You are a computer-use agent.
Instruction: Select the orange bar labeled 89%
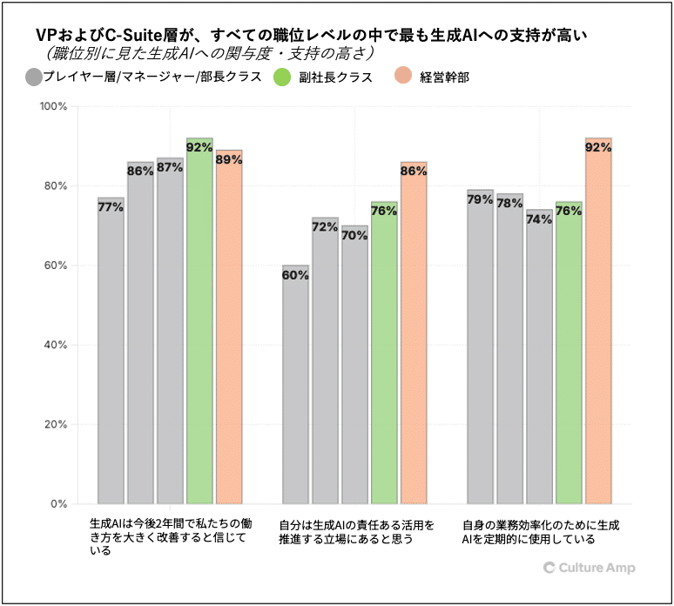pos(229,327)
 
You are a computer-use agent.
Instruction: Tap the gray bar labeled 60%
pos(295,384)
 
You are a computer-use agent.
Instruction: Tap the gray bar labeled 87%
pos(170,331)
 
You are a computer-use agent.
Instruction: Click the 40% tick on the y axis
pos(57,345)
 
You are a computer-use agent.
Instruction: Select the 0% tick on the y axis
pos(60,504)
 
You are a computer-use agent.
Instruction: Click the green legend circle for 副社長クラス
pos(281,77)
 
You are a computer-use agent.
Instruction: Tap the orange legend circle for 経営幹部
pos(402,77)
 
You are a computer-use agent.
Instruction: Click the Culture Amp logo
pos(589,568)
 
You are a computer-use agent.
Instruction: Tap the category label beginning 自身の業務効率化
pos(541,532)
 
